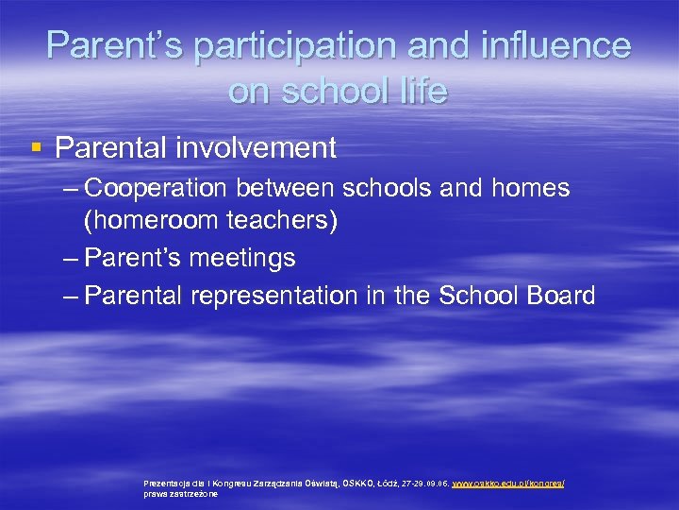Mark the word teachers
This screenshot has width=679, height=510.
[283, 223]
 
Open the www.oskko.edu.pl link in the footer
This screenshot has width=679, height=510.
[508, 483]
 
